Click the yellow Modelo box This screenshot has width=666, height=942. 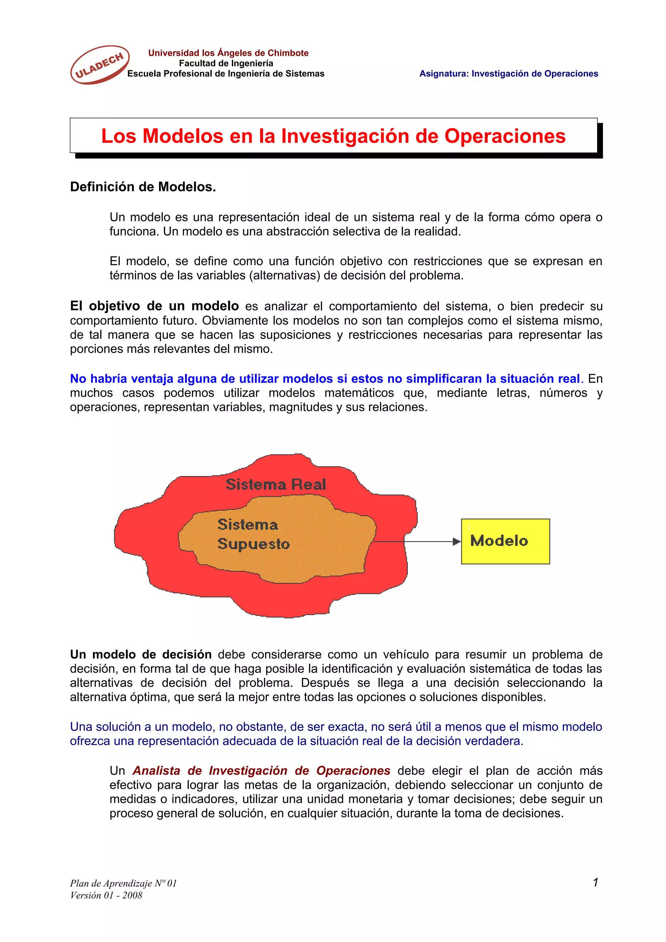[505, 541]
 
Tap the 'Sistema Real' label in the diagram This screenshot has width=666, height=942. [276, 485]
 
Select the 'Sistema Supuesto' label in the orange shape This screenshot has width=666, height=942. [253, 534]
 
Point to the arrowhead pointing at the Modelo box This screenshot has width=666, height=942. [456, 542]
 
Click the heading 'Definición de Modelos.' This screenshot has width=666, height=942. [143, 187]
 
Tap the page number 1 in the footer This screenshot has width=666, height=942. [595, 882]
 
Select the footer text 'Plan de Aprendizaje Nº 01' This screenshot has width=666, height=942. [123, 883]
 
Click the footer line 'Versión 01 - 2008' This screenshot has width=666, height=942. [106, 895]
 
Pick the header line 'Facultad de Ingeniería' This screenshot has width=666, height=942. [226, 63]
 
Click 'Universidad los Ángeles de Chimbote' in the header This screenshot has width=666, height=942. [228, 53]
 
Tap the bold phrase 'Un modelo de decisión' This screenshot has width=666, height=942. [141, 654]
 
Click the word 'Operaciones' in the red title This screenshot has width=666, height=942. [505, 136]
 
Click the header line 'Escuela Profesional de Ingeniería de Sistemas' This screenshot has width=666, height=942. [226, 74]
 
